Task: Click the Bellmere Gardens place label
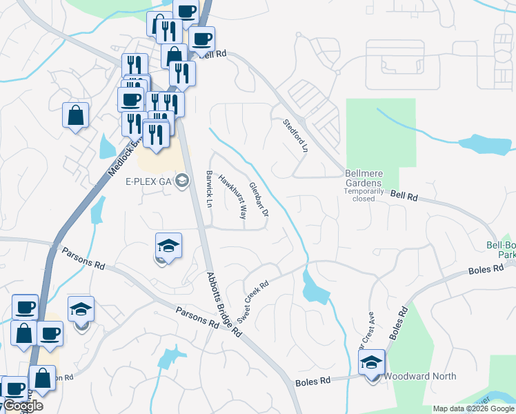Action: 364,177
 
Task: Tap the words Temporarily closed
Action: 363,193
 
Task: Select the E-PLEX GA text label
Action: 148,182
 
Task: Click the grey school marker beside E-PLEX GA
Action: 182,181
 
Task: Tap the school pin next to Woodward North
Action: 371,362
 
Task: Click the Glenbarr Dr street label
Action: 259,198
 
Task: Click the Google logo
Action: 22,406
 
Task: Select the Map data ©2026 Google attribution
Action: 473,408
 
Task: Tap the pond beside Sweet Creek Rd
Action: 315,286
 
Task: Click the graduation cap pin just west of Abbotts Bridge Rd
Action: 168,246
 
